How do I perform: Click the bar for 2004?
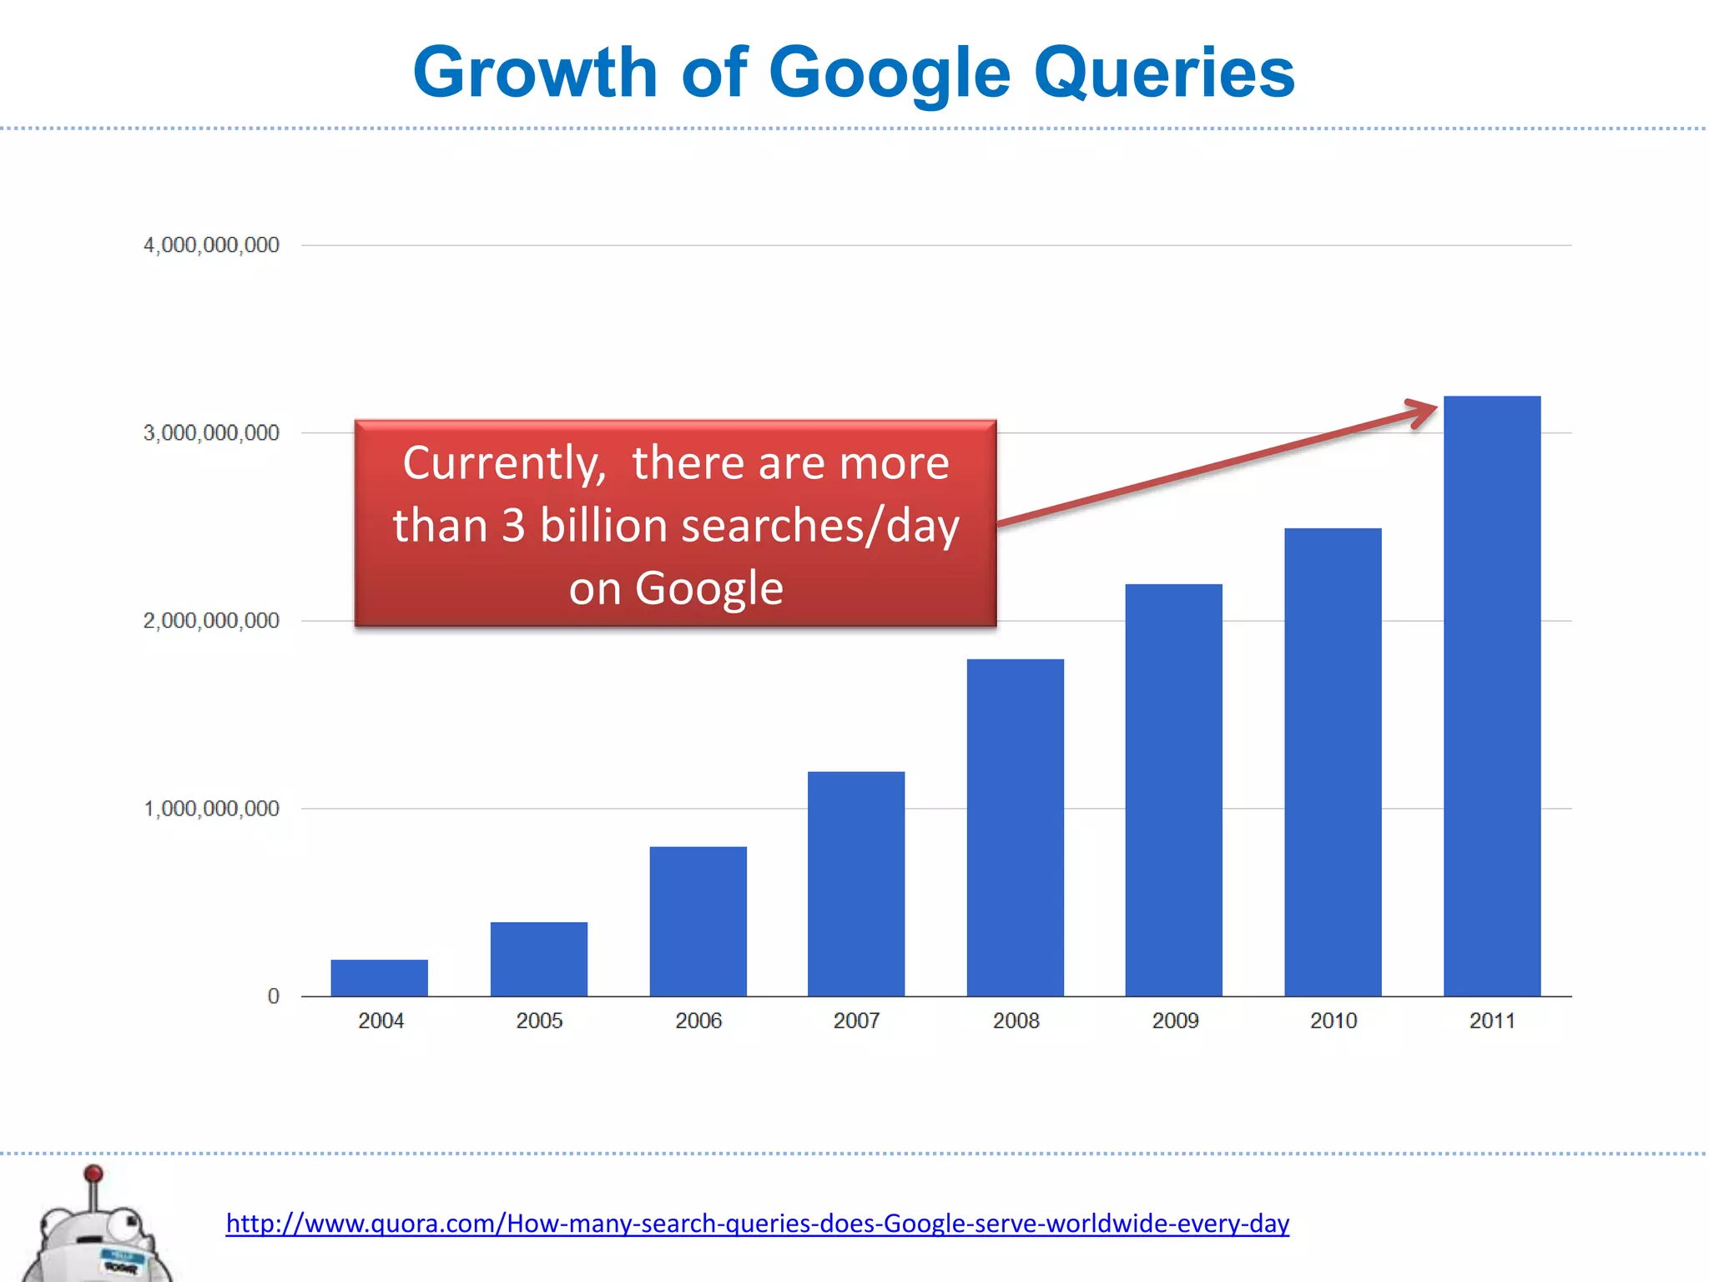click(379, 977)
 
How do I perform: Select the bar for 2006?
click(698, 921)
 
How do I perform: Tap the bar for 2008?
click(1015, 827)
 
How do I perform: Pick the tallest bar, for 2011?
click(1492, 696)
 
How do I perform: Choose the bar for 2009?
click(1173, 790)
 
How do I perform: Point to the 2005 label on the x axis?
click(539, 1021)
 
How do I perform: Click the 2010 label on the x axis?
click(1333, 1021)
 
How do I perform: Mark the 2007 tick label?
click(856, 1021)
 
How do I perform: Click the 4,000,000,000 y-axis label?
click(211, 245)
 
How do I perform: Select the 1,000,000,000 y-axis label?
click(211, 809)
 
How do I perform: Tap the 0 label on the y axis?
click(273, 996)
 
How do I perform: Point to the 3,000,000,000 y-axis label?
click(211, 433)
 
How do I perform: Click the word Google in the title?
click(889, 73)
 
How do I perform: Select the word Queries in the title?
click(1164, 73)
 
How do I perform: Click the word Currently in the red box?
click(504, 463)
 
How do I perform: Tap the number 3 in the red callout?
click(513, 526)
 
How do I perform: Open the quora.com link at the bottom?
click(757, 1224)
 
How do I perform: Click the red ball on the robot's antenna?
click(93, 1174)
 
